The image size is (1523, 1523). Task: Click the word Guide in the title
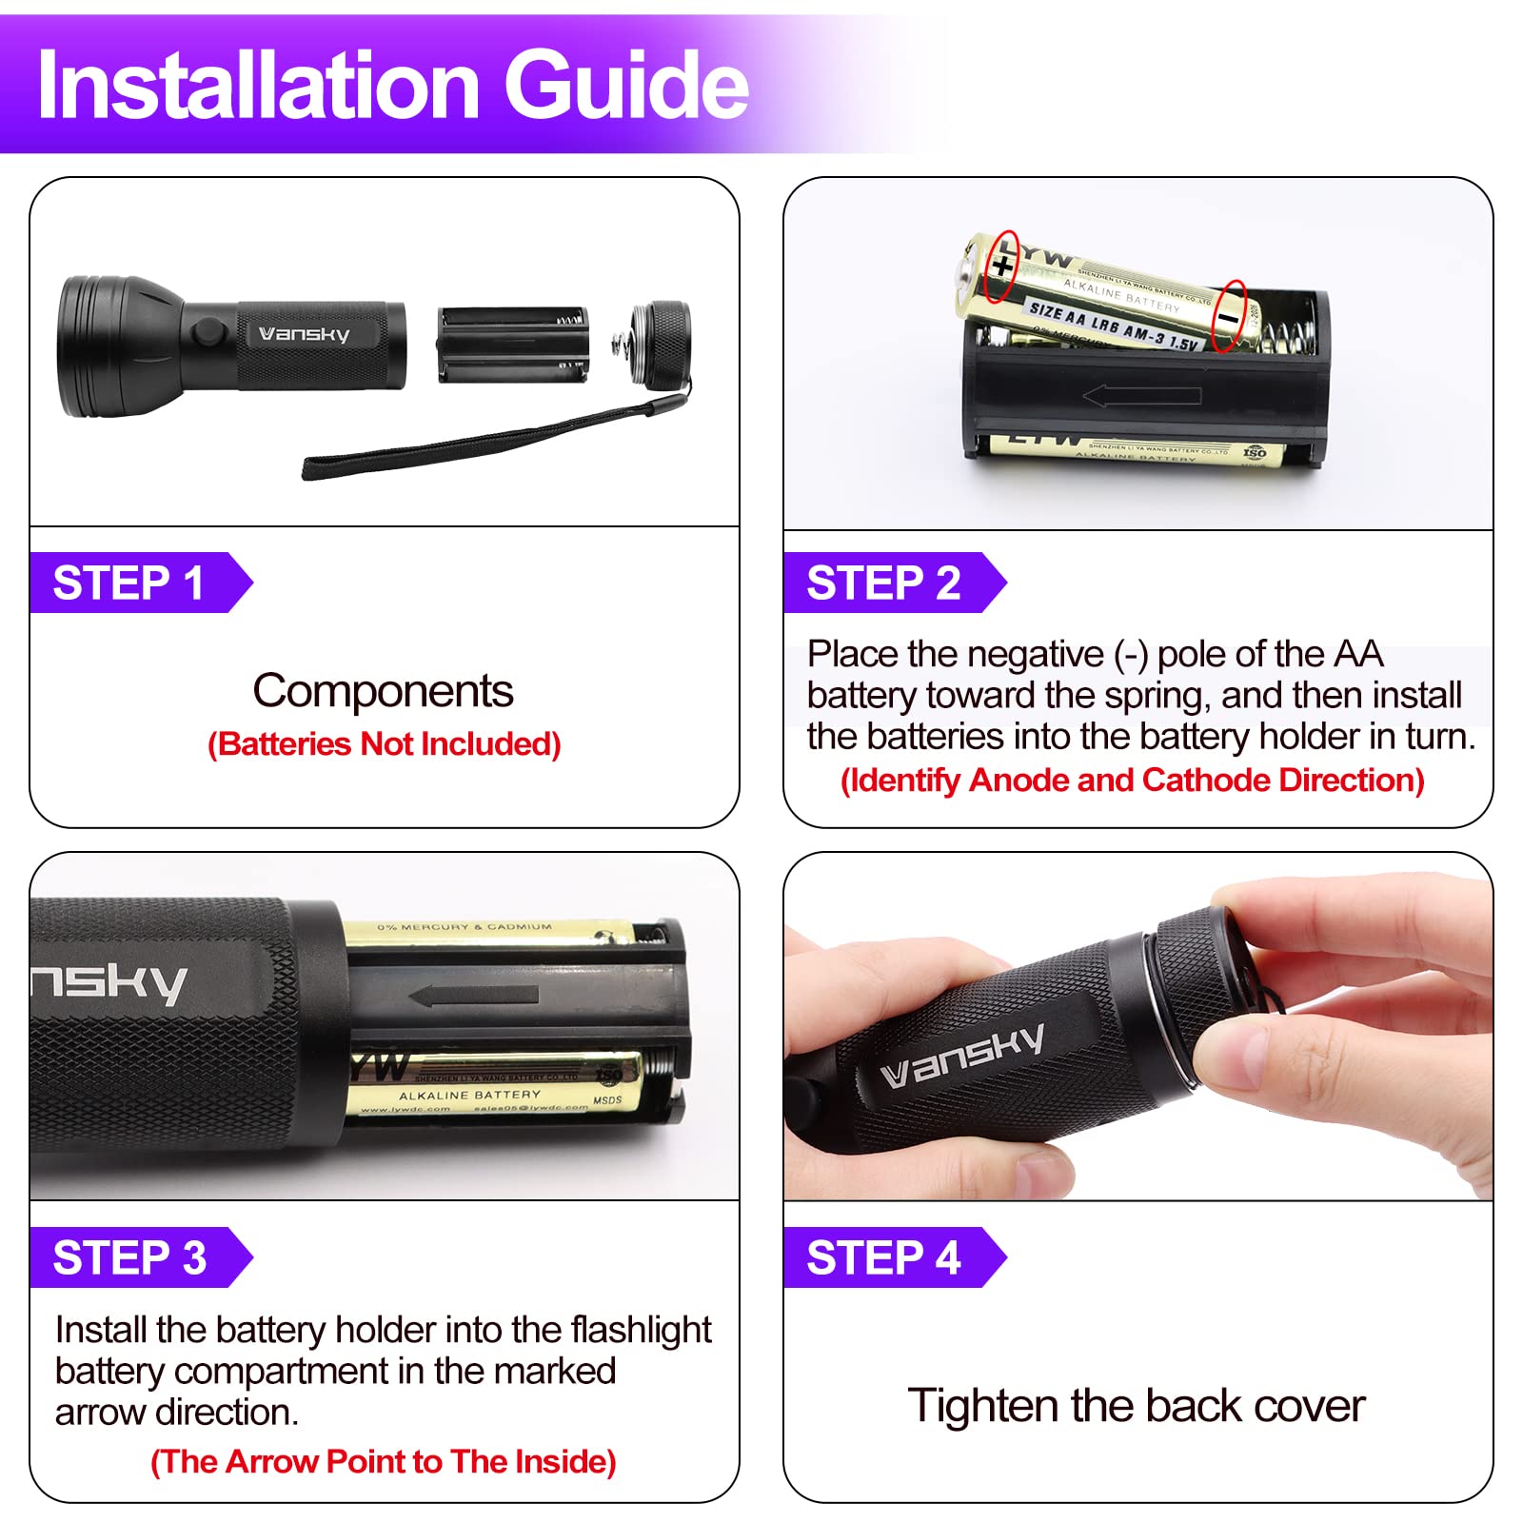pyautogui.click(x=626, y=86)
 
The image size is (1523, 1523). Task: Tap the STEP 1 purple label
pyautogui.click(x=129, y=583)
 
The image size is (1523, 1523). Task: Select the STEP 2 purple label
pyautogui.click(x=883, y=583)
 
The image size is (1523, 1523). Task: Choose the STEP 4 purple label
pyautogui.click(x=883, y=1257)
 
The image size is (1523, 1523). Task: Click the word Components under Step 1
pyautogui.click(x=383, y=690)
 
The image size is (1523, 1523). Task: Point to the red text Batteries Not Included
pyautogui.click(x=384, y=743)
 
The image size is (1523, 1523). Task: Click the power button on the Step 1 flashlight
pyautogui.click(x=205, y=332)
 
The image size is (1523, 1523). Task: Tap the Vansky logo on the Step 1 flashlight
pyautogui.click(x=305, y=334)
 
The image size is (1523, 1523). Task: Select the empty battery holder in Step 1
pyautogui.click(x=512, y=345)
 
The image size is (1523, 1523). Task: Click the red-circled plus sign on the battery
pyautogui.click(x=1001, y=266)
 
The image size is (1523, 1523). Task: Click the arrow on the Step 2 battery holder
pyautogui.click(x=1142, y=395)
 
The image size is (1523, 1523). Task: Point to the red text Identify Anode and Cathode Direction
pyautogui.click(x=1132, y=780)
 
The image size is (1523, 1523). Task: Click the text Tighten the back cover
pyautogui.click(x=1136, y=1405)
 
